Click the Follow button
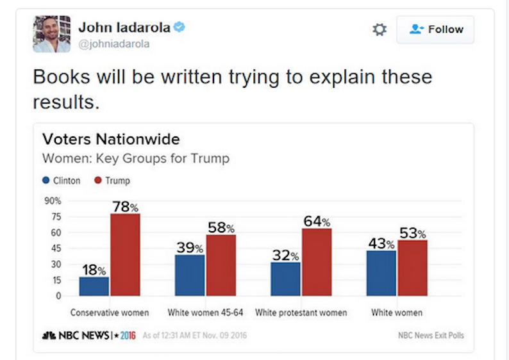coord(435,29)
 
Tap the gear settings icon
coord(380,29)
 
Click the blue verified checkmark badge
coord(179,27)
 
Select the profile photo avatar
coord(52,34)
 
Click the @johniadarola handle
coord(114,44)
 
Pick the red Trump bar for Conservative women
coord(125,254)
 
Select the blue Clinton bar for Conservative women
coord(94,286)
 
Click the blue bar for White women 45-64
coord(190,275)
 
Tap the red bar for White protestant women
coord(317,262)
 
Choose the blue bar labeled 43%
coord(381,273)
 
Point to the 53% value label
coord(413,233)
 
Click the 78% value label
coord(125,207)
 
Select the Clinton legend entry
coord(62,181)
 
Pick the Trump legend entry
coord(112,181)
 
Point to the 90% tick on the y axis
coord(53,200)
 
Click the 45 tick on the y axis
coord(56,249)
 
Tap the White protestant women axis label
coord(301,313)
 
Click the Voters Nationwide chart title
coord(111,140)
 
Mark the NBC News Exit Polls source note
coord(431,336)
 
